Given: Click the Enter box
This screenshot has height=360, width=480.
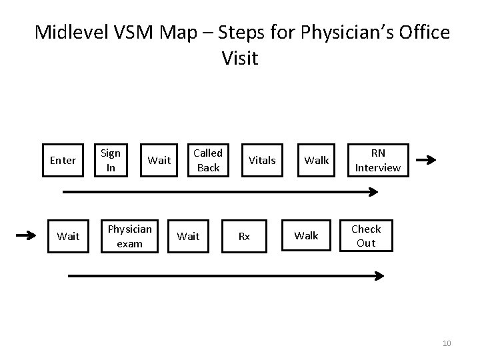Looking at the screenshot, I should click(63, 160).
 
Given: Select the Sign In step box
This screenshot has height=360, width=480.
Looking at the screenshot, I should click(111, 160).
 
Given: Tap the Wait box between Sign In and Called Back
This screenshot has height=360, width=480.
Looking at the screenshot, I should click(159, 160).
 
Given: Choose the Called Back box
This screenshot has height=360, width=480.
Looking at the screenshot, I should click(208, 160).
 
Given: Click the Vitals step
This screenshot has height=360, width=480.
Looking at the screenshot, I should click(262, 160).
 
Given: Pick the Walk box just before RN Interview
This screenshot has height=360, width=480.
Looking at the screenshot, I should click(317, 160).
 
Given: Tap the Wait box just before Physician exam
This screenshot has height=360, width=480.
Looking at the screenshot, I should click(69, 236).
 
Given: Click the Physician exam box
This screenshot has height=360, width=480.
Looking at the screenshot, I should click(129, 236).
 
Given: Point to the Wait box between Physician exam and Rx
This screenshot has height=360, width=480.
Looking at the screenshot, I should click(188, 236).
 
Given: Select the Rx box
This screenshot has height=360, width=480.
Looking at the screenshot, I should click(245, 236).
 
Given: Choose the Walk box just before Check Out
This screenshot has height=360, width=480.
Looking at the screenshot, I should click(307, 236).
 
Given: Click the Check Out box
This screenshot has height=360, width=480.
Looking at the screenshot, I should click(366, 236).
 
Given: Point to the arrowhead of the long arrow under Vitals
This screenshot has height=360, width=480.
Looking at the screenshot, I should click(374, 192).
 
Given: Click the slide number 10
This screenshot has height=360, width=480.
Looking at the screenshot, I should click(447, 343).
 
